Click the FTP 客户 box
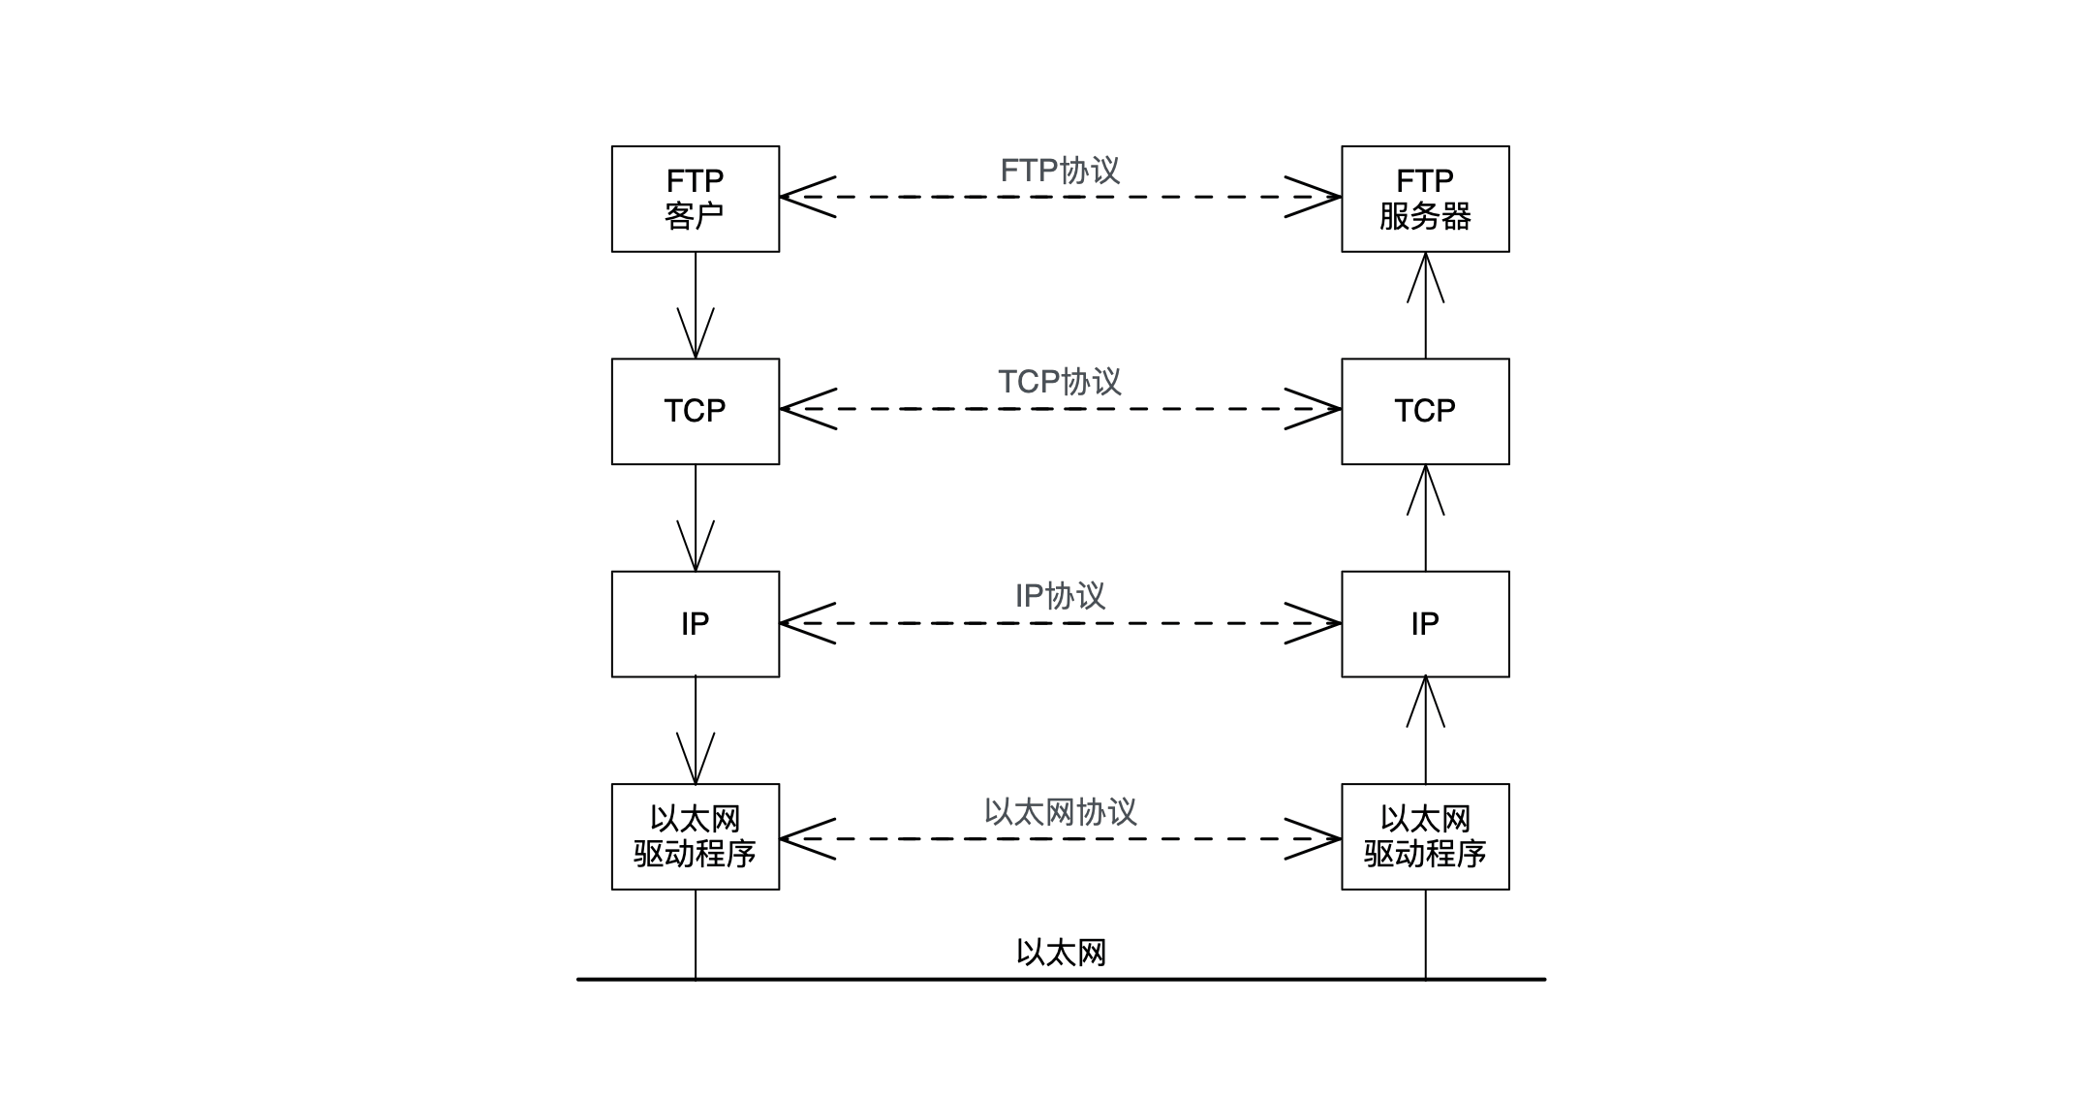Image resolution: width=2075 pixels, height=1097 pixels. tap(695, 199)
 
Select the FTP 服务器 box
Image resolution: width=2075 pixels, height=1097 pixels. tap(1424, 199)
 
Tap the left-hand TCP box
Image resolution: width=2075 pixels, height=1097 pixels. tap(695, 411)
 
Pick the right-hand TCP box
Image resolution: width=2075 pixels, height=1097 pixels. tap(1424, 411)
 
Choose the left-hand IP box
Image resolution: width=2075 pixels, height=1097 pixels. tap(695, 623)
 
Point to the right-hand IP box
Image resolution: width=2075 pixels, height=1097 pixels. tap(1424, 623)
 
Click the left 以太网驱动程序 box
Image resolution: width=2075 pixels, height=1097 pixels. tap(695, 836)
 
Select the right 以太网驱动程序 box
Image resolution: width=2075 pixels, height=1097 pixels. tap(1424, 836)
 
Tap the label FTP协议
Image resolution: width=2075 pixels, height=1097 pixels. tap(1060, 171)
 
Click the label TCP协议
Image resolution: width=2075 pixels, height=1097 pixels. tap(1060, 382)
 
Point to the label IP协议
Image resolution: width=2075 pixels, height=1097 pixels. tap(1060, 595)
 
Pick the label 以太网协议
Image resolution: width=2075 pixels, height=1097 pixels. tap(1060, 811)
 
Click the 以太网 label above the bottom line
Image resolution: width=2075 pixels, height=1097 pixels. tap(1061, 952)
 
